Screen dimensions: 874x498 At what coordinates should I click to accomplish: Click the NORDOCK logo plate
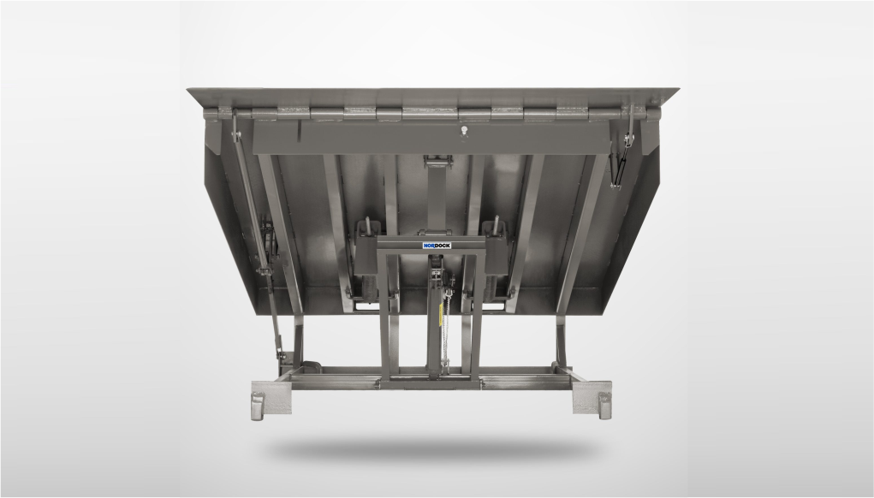tap(437, 245)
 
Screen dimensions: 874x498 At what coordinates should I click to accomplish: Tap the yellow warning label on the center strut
tap(441, 314)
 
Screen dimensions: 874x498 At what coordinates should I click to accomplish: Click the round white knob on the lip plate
tap(464, 132)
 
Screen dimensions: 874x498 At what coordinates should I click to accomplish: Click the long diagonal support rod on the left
tap(257, 234)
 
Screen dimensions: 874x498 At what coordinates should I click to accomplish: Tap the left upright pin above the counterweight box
tap(367, 225)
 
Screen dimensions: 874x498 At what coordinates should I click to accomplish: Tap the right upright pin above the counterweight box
tap(495, 224)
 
